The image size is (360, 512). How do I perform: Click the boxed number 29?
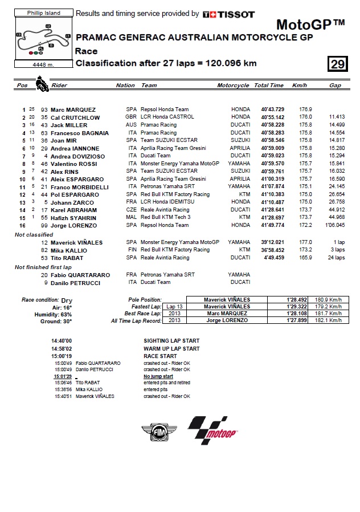tap(338, 64)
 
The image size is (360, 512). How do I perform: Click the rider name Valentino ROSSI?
tap(74, 164)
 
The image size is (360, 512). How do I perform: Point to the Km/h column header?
tap(300, 86)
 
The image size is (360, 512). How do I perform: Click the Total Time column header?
tap(269, 86)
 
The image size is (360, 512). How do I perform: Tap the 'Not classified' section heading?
tap(34, 234)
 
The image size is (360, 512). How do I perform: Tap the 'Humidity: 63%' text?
tap(55, 314)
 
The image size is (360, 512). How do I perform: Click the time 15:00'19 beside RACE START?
tap(62, 356)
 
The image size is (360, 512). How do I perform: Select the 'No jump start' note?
tap(158, 376)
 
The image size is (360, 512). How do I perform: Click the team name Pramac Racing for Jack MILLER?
tap(159, 125)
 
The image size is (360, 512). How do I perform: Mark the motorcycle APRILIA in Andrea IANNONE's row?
tap(240, 148)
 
